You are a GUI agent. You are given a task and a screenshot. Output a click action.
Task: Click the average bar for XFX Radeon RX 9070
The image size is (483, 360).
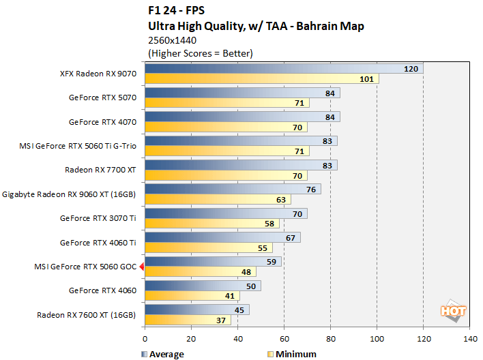pyautogui.click(x=283, y=69)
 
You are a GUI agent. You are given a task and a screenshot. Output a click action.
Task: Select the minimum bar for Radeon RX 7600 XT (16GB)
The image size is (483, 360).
pyautogui.click(x=187, y=320)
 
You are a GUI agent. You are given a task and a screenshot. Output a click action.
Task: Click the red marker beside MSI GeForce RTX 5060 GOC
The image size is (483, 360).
pyautogui.click(x=141, y=267)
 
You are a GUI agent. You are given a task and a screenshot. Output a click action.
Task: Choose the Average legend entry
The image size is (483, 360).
pyautogui.click(x=164, y=354)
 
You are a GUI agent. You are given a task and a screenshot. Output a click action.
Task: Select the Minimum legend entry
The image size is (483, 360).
pyautogui.click(x=293, y=354)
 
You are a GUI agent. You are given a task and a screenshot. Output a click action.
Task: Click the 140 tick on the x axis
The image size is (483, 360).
pyautogui.click(x=469, y=337)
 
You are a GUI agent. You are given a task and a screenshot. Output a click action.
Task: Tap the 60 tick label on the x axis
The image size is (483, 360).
pyautogui.click(x=284, y=337)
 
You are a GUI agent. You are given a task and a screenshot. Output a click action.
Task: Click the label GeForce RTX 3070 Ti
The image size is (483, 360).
pyautogui.click(x=98, y=218)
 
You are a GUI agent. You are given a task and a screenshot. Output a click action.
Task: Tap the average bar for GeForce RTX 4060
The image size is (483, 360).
pyautogui.click(x=202, y=286)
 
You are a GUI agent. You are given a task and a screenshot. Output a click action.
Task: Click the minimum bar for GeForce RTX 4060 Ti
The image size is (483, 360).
pyautogui.click(x=208, y=247)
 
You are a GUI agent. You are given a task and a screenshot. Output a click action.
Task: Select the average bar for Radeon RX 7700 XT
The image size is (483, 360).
pyautogui.click(x=240, y=165)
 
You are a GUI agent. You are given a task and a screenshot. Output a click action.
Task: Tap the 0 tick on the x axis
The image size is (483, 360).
pyautogui.click(x=145, y=337)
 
